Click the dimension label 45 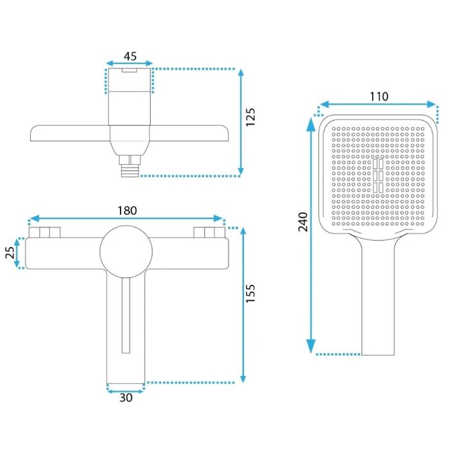pos(130,56)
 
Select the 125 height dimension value pos(250,117)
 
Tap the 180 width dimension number pos(127,211)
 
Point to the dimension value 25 pos(10,253)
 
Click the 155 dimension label pos(250,293)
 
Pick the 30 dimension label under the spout pos(126,398)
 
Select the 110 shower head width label pos(379,96)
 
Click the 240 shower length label pos(303,222)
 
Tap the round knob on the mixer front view pos(126,251)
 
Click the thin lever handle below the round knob pos(126,315)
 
